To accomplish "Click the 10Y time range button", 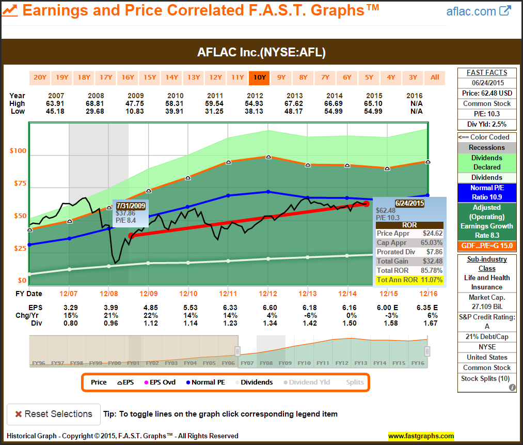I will pyautogui.click(x=259, y=78).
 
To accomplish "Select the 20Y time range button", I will pyautogui.click(x=40, y=78).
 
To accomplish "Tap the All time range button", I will pyautogui.click(x=435, y=78).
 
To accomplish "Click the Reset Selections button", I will pyautogui.click(x=53, y=414).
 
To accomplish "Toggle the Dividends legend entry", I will pyautogui.click(x=254, y=382).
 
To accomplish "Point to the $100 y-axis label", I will pyautogui.click(x=18, y=151).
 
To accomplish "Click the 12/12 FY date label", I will pyautogui.click(x=268, y=294).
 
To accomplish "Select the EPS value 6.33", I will pyautogui.click(x=228, y=308).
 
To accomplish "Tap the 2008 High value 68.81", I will pyautogui.click(x=96, y=103).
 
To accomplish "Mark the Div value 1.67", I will pyautogui.click(x=427, y=323).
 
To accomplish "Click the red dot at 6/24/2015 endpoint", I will pyautogui.click(x=367, y=204).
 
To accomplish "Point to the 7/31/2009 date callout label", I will pyautogui.click(x=131, y=205).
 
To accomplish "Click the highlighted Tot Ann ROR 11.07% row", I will pyautogui.click(x=410, y=280).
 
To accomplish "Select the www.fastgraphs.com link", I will pyautogui.click(x=421, y=436).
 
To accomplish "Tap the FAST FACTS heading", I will pyautogui.click(x=487, y=73).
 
